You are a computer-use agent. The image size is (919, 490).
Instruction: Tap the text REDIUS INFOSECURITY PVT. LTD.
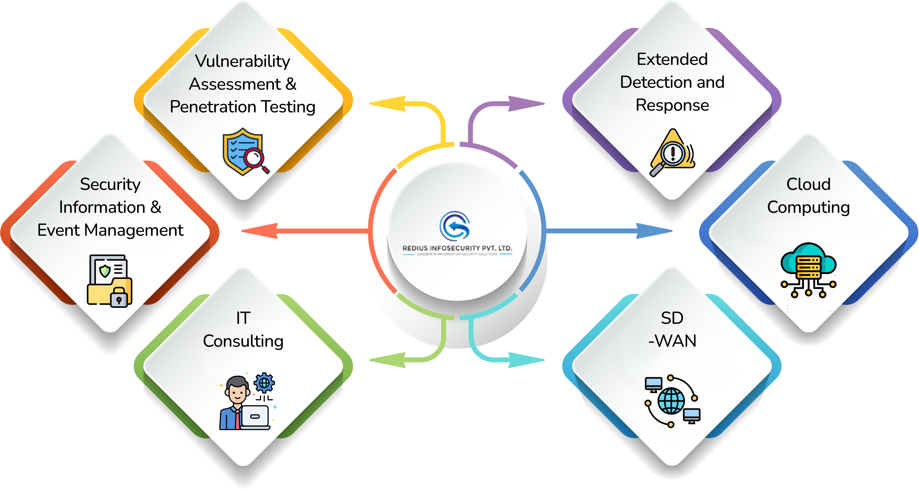pos(457,248)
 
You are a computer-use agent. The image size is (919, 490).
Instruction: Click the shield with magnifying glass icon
pos(245,152)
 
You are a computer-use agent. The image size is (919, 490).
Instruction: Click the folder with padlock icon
pos(110,281)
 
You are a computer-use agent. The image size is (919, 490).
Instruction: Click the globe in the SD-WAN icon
pos(671,401)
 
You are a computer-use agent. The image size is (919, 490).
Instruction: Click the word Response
pos(672,105)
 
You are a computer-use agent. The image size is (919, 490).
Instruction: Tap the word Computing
pos(809,208)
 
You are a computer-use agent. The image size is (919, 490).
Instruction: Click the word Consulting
pos(243,341)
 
